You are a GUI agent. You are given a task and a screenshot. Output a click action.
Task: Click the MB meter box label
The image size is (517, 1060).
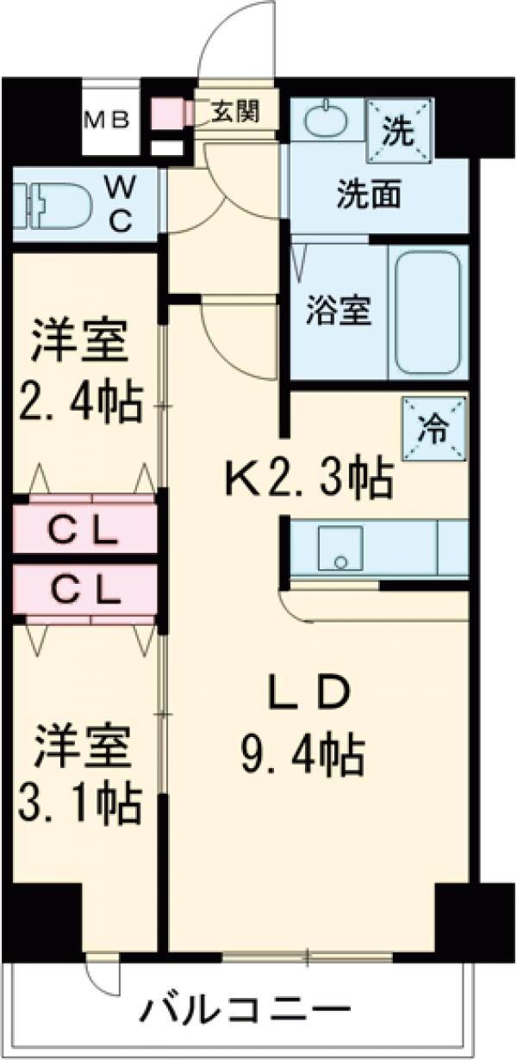tap(107, 118)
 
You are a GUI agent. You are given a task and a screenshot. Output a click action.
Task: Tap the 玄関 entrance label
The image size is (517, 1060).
tap(234, 112)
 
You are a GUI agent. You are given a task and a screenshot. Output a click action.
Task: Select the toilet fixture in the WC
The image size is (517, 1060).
tap(57, 204)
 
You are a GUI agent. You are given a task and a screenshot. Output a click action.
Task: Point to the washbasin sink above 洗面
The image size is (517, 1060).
tap(327, 120)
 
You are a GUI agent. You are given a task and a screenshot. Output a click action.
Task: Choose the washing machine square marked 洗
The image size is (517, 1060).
tap(397, 130)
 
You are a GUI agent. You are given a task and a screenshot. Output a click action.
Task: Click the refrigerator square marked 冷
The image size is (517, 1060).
tap(433, 428)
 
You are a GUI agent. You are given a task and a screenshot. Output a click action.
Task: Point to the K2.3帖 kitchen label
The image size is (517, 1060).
tap(309, 477)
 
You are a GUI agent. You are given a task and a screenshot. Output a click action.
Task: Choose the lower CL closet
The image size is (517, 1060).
tap(84, 590)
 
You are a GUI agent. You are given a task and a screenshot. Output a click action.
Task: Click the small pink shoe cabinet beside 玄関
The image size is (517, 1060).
tap(167, 113)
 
